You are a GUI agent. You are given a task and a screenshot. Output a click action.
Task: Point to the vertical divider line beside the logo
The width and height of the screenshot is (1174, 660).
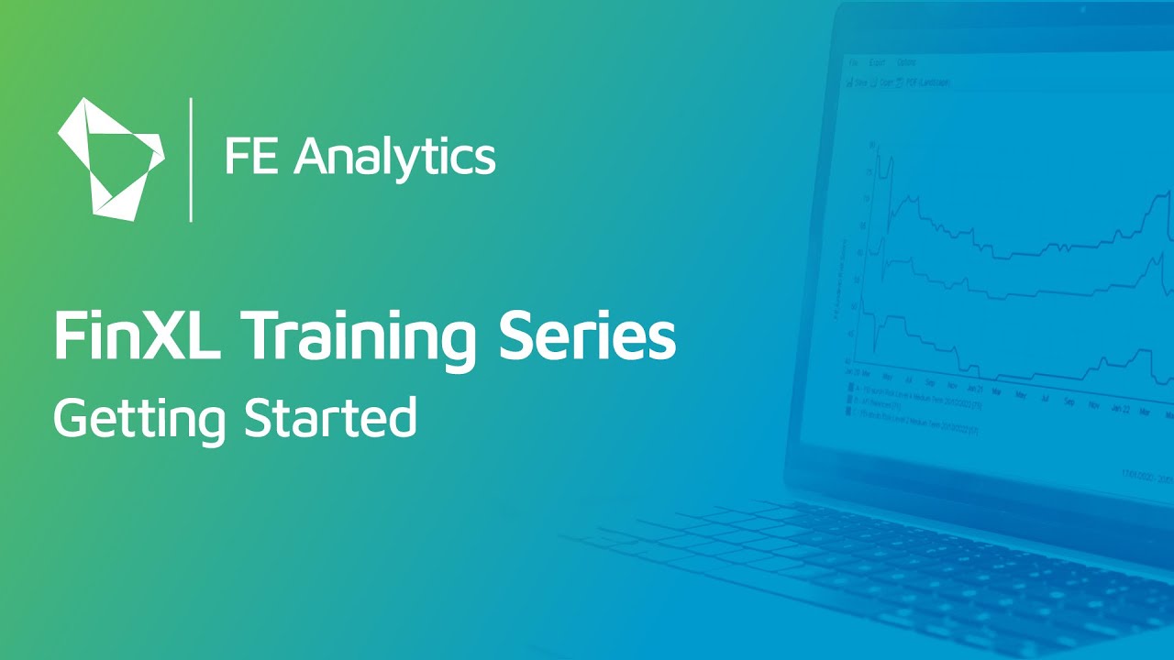click(191, 159)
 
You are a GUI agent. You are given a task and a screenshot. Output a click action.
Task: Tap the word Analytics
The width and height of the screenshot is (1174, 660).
click(395, 157)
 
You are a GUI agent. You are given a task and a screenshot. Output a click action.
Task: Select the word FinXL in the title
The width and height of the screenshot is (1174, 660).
click(138, 336)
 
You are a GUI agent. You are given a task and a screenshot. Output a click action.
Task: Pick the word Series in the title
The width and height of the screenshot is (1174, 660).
click(587, 336)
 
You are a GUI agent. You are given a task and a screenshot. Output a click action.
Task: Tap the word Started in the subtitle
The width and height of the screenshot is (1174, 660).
click(330, 418)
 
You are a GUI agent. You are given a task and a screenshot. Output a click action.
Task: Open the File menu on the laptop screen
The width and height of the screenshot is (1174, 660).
click(852, 62)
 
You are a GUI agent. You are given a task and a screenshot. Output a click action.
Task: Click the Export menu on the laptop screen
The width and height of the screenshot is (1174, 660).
click(877, 63)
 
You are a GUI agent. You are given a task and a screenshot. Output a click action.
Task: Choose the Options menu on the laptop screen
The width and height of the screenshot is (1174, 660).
click(906, 63)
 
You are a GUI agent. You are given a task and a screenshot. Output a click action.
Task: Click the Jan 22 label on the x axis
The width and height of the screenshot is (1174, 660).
click(1120, 407)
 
